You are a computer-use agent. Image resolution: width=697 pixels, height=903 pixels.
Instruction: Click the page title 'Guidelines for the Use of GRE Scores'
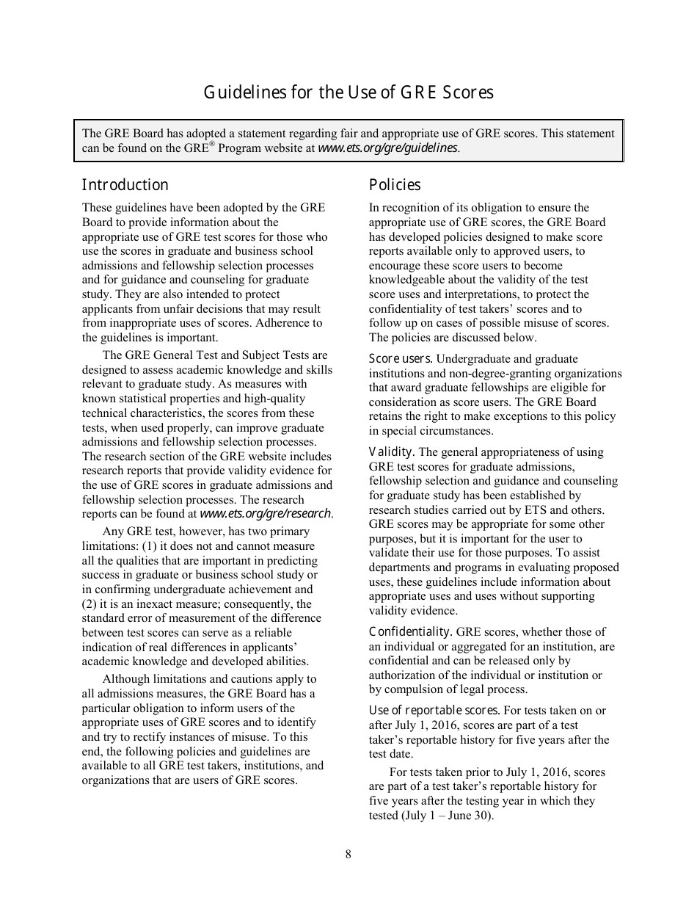[348, 93]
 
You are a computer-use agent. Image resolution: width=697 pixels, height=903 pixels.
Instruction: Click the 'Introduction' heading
[125, 185]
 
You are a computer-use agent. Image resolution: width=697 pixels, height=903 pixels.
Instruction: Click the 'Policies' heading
[395, 185]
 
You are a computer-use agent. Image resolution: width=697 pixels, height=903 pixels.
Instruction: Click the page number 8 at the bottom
[348, 854]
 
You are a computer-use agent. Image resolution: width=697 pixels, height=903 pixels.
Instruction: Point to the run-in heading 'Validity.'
[392, 452]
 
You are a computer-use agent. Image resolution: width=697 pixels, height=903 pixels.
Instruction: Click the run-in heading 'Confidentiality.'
[410, 631]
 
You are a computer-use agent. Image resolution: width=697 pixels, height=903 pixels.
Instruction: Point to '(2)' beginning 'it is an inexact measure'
[91, 604]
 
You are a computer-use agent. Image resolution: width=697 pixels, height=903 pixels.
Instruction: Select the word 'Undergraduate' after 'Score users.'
[472, 359]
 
